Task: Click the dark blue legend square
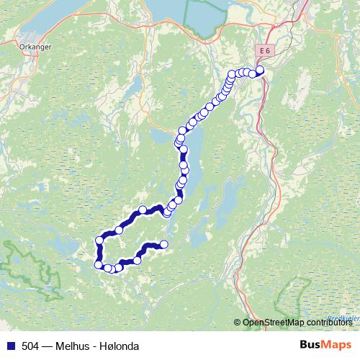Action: point(9,346)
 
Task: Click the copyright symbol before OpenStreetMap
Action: point(238,323)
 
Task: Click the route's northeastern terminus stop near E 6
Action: point(260,70)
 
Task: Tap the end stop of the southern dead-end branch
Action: point(163,244)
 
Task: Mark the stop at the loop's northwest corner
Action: point(99,240)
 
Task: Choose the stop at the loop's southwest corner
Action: point(99,264)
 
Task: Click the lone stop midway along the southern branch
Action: point(137,260)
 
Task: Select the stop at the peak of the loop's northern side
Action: point(143,210)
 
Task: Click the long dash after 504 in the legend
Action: point(48,346)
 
